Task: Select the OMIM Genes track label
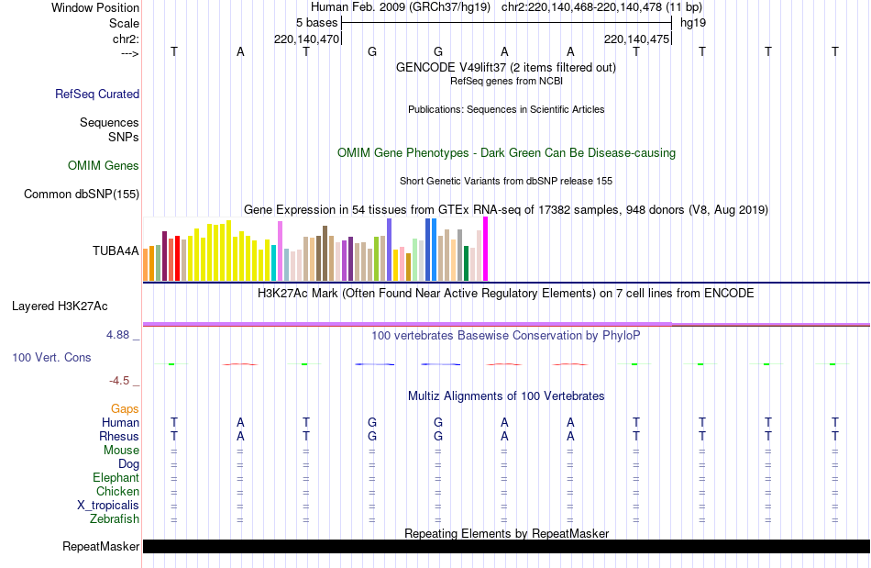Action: point(104,166)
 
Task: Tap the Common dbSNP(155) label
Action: point(82,194)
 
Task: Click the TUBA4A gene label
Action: point(116,251)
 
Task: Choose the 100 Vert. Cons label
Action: point(51,357)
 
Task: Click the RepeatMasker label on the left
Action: point(101,547)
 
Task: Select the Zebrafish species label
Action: point(115,519)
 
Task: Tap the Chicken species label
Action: point(117,492)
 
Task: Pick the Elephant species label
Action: point(116,478)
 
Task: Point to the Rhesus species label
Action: point(120,436)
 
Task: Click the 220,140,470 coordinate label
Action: point(307,39)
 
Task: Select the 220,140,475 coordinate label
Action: point(637,39)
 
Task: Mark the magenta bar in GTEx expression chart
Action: point(485,249)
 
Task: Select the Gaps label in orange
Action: point(125,408)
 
